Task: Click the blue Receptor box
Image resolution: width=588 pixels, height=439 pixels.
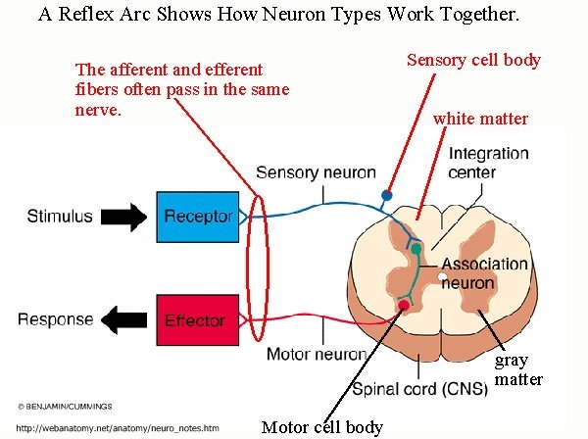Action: tap(198, 218)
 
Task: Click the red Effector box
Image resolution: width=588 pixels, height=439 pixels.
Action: tap(198, 319)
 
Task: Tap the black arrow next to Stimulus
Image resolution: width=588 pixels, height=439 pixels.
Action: tap(124, 218)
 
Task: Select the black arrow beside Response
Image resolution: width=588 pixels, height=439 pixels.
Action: tap(124, 319)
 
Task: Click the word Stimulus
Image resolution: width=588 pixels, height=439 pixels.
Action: tap(60, 217)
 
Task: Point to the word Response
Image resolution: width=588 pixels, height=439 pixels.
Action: tap(56, 319)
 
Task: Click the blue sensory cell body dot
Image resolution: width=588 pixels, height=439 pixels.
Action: tap(387, 195)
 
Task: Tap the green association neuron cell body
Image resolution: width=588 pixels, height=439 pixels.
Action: tap(416, 249)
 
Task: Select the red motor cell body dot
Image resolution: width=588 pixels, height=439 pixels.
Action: tap(404, 305)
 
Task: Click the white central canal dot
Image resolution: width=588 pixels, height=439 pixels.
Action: tap(443, 277)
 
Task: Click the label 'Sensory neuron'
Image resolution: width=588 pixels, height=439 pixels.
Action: tap(316, 172)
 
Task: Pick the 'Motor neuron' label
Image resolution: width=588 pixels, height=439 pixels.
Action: tap(317, 354)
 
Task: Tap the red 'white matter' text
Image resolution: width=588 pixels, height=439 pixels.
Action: tap(480, 119)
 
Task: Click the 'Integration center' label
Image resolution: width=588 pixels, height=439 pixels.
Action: tap(488, 163)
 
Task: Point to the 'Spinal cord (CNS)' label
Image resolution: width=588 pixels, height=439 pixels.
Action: tap(420, 389)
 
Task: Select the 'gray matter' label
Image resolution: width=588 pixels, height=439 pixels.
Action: tap(518, 370)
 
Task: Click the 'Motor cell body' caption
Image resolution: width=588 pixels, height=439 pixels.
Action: tap(322, 427)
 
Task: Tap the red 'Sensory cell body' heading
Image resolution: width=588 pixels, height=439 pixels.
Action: tap(473, 61)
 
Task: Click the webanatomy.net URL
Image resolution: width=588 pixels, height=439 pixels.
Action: tap(118, 428)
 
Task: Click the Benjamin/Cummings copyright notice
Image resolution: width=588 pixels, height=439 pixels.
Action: tap(65, 407)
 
